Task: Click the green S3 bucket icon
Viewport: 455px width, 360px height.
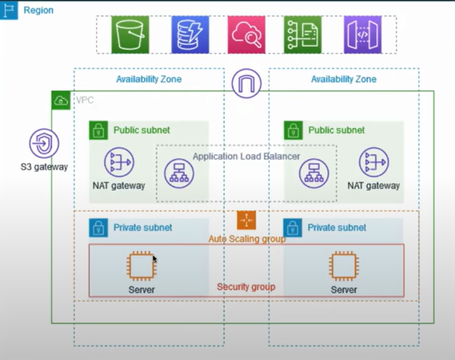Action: tap(130, 34)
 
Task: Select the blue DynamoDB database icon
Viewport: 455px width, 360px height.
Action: tap(190, 34)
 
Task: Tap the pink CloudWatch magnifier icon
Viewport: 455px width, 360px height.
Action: tap(247, 34)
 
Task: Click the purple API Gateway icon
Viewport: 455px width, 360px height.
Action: tap(362, 34)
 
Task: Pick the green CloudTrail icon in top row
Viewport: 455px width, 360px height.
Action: tap(303, 34)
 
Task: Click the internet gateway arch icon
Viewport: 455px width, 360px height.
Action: tap(246, 83)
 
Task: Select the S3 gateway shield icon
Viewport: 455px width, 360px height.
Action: tap(44, 144)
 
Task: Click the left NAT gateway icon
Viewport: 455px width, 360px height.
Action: tap(119, 162)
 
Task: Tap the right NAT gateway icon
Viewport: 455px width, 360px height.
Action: tap(374, 162)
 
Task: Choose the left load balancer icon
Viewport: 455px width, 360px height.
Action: tap(179, 174)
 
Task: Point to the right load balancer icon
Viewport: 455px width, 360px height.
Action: tap(314, 174)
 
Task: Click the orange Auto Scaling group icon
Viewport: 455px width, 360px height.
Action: tap(246, 220)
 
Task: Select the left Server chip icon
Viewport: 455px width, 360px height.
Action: tap(141, 266)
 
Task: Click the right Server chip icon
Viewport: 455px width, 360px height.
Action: tap(344, 266)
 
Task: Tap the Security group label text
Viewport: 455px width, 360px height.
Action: tap(246, 287)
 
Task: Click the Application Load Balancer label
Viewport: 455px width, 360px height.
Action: tap(246, 157)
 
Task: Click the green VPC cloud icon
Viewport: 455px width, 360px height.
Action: tap(61, 100)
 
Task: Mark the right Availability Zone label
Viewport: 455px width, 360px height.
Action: tap(344, 79)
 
